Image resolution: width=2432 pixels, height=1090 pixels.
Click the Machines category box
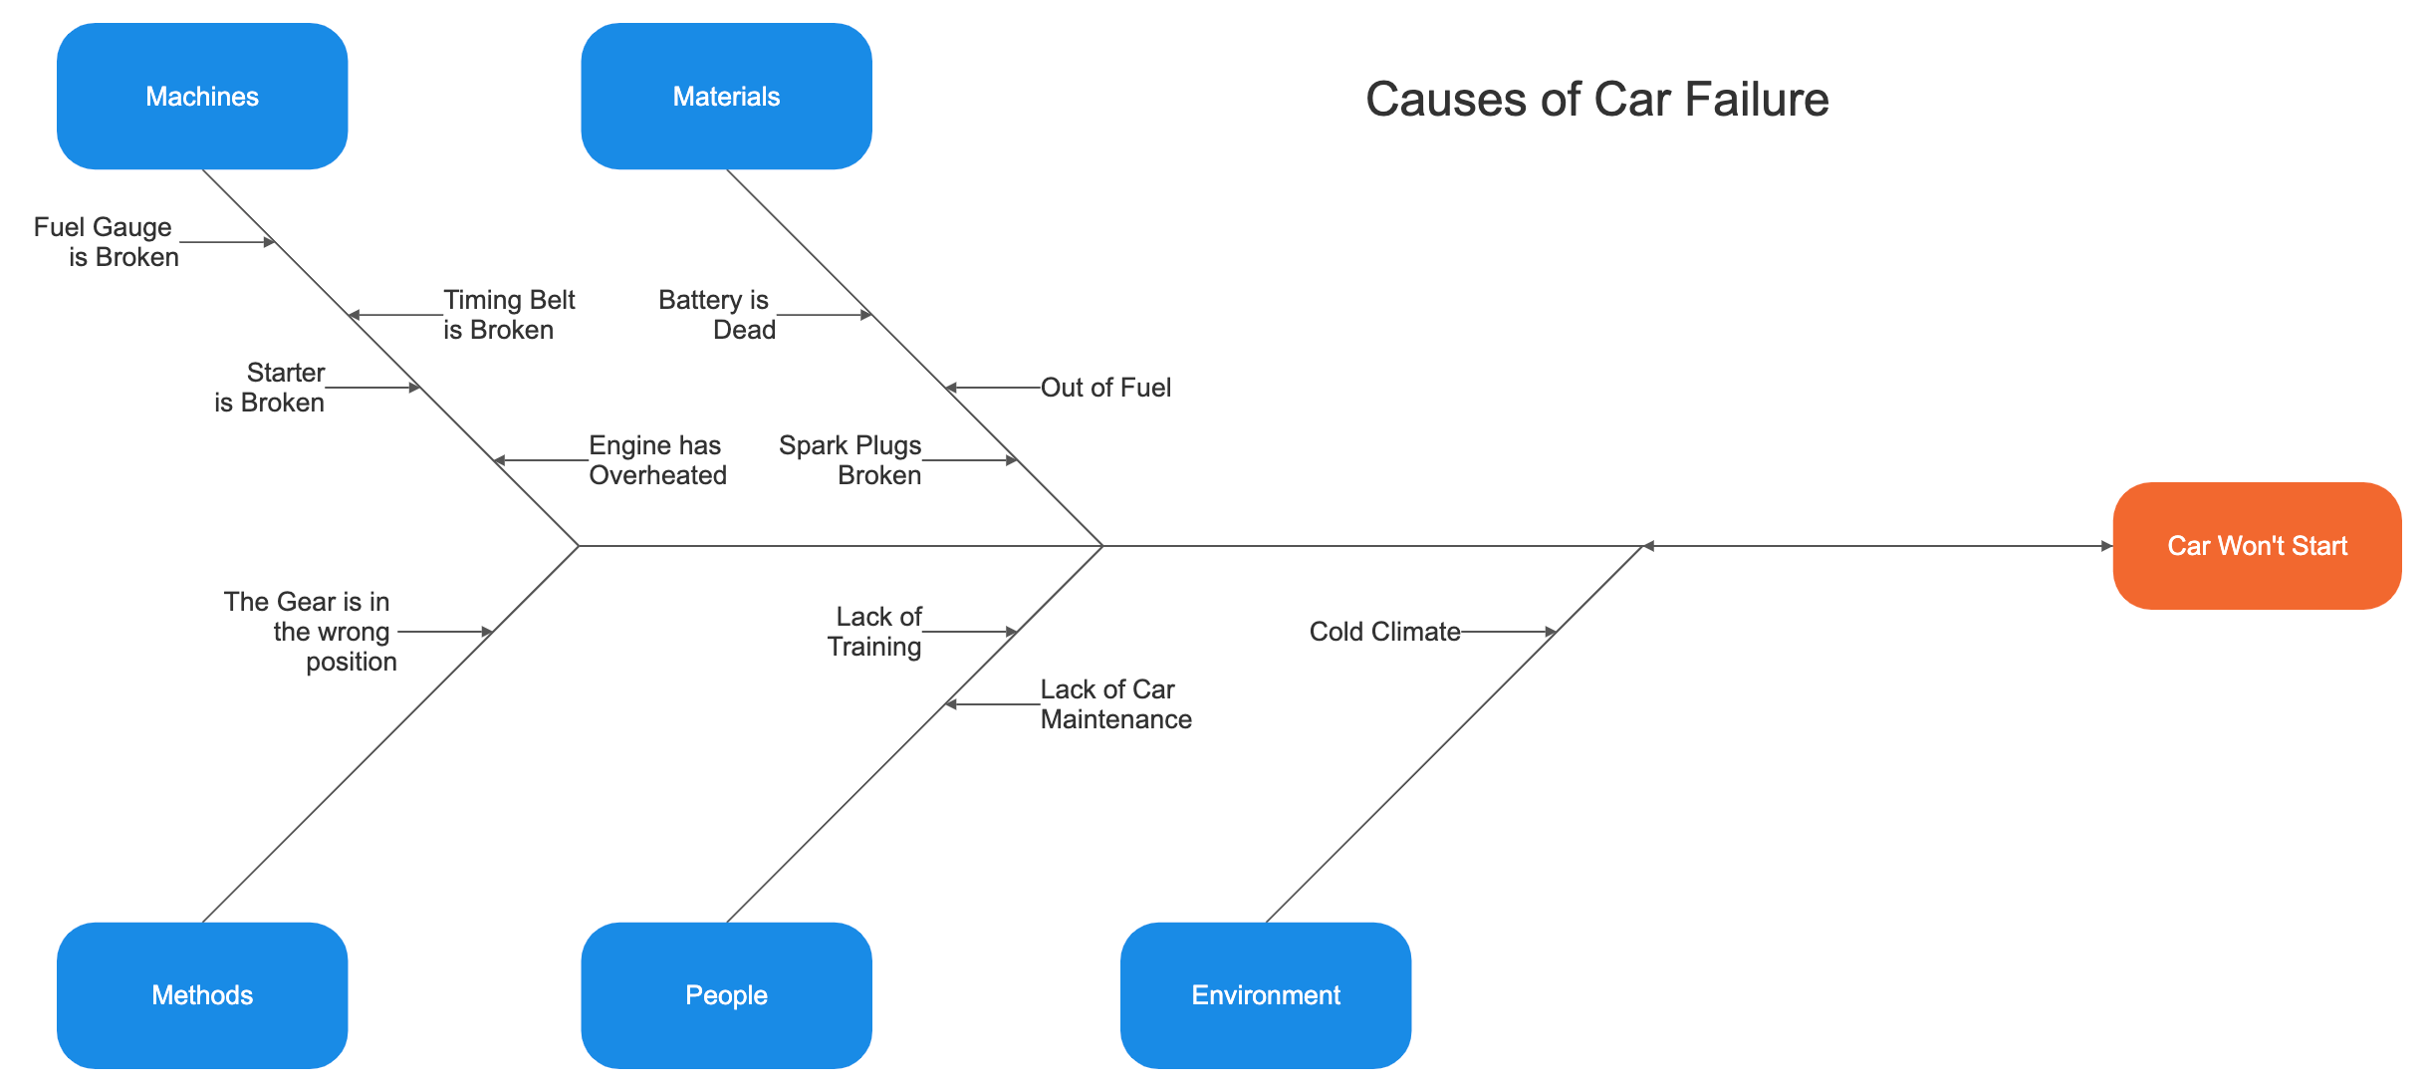click(202, 97)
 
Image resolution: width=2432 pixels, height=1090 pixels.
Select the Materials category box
click(726, 97)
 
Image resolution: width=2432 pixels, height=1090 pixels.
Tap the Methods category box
click(202, 994)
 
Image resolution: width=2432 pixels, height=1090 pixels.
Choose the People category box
click(726, 994)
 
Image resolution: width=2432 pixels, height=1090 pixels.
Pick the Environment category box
click(1265, 994)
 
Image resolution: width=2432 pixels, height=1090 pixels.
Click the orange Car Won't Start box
click(2257, 546)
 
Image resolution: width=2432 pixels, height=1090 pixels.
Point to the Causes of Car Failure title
click(1596, 100)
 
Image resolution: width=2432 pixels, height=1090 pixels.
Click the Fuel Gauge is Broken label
click(107, 242)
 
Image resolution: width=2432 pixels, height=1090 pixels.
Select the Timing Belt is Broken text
click(508, 315)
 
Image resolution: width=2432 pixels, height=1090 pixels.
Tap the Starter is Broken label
click(271, 388)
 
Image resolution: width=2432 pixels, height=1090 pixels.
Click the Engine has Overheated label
click(656, 460)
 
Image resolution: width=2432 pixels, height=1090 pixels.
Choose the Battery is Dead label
click(717, 315)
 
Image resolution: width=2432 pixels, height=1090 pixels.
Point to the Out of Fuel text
click(1105, 388)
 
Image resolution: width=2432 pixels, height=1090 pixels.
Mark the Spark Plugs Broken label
click(851, 460)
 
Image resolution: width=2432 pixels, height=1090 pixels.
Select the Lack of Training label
click(875, 632)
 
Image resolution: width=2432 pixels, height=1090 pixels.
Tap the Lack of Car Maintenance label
click(1114, 704)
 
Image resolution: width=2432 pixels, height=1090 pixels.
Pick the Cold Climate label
click(1384, 632)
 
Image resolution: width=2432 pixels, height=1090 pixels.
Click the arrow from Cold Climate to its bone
click(1508, 632)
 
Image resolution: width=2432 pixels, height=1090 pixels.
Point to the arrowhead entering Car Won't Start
click(2106, 546)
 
